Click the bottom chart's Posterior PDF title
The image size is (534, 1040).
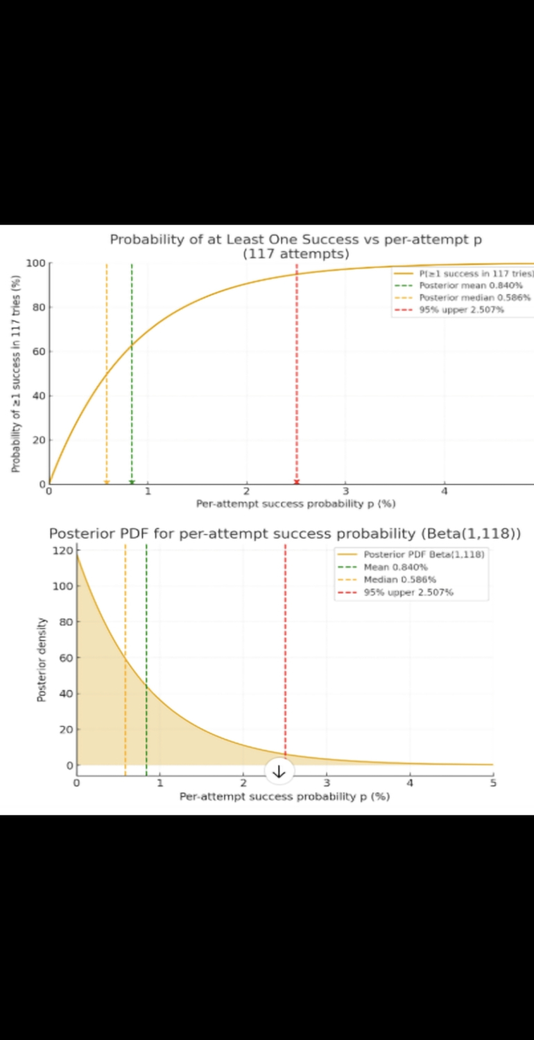pyautogui.click(x=285, y=533)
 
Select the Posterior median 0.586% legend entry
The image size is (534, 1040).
pyautogui.click(x=474, y=297)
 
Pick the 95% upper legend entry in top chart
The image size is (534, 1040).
pyautogui.click(x=461, y=309)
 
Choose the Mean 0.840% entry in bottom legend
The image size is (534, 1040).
pyautogui.click(x=395, y=567)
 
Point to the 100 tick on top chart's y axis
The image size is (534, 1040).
pyautogui.click(x=35, y=263)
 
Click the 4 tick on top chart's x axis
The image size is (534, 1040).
pyautogui.click(x=445, y=492)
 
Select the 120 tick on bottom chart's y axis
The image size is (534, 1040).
pyautogui.click(x=64, y=551)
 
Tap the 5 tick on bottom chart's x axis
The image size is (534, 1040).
pyautogui.click(x=493, y=783)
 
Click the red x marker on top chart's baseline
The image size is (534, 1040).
pyautogui.click(x=297, y=482)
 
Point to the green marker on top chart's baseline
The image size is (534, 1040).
pyautogui.click(x=132, y=482)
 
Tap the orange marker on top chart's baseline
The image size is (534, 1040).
pyautogui.click(x=107, y=482)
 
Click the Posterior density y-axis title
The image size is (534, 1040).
pyautogui.click(x=42, y=659)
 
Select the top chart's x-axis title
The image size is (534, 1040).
pyautogui.click(x=295, y=504)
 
